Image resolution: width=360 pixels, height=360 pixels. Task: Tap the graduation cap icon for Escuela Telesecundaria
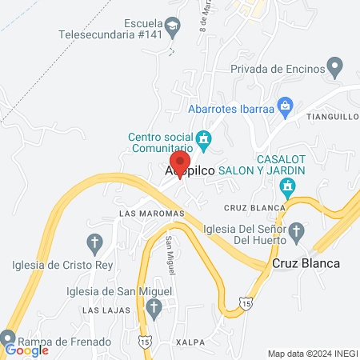171,29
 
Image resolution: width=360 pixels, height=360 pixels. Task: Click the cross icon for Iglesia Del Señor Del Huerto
296,233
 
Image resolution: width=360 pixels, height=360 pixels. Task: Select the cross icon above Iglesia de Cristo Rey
94,242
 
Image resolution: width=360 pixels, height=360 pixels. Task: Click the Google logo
26,350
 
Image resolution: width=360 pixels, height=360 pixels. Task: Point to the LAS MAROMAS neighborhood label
151,214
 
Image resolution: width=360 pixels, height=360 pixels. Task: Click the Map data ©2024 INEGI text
311,353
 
